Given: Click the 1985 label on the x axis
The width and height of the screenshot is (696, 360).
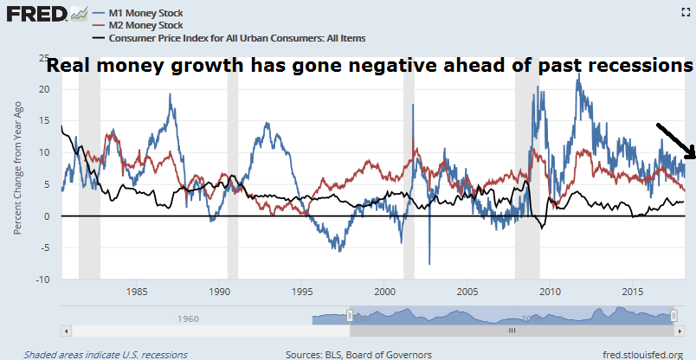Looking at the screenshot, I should [136, 292].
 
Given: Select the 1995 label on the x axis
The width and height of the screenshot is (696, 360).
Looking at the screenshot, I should [302, 292].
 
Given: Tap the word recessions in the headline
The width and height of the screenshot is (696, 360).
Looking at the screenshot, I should [645, 67].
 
